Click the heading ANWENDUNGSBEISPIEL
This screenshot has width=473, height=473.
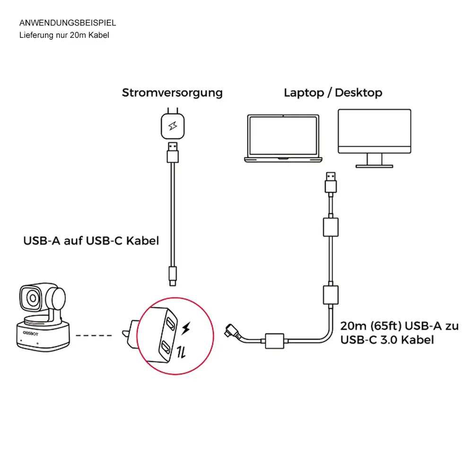(68, 23)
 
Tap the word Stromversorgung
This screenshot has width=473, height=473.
(172, 92)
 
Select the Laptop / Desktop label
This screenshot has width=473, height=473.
(333, 92)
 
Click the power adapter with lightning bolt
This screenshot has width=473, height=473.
(172, 125)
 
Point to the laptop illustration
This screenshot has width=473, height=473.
(282, 138)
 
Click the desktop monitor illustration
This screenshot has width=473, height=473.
(374, 137)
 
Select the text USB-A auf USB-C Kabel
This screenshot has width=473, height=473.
(91, 241)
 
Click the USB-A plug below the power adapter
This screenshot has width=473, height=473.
(173, 152)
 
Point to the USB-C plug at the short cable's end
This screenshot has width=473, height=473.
(173, 275)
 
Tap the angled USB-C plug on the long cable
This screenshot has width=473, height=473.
(231, 330)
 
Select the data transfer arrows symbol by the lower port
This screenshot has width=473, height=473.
(180, 351)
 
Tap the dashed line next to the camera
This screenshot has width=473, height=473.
(94, 336)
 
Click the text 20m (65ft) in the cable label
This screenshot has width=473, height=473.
(369, 326)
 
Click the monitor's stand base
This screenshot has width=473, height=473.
(374, 166)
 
